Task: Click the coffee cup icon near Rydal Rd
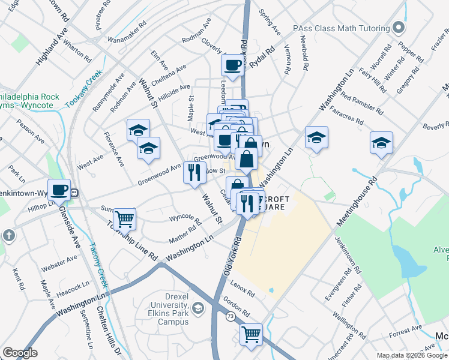tap(232, 64)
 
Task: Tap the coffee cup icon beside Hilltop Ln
tap(59, 190)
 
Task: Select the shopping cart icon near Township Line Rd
tap(124, 219)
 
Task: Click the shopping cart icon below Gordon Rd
tap(252, 334)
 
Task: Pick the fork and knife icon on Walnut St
tap(194, 173)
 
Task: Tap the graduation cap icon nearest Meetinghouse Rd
tap(381, 143)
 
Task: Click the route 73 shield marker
tap(230, 316)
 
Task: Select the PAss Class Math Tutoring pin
tap(398, 28)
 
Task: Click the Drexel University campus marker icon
tap(199, 308)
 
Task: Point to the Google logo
tap(20, 353)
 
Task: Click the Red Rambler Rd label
tap(361, 103)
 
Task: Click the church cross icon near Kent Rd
tap(8, 235)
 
